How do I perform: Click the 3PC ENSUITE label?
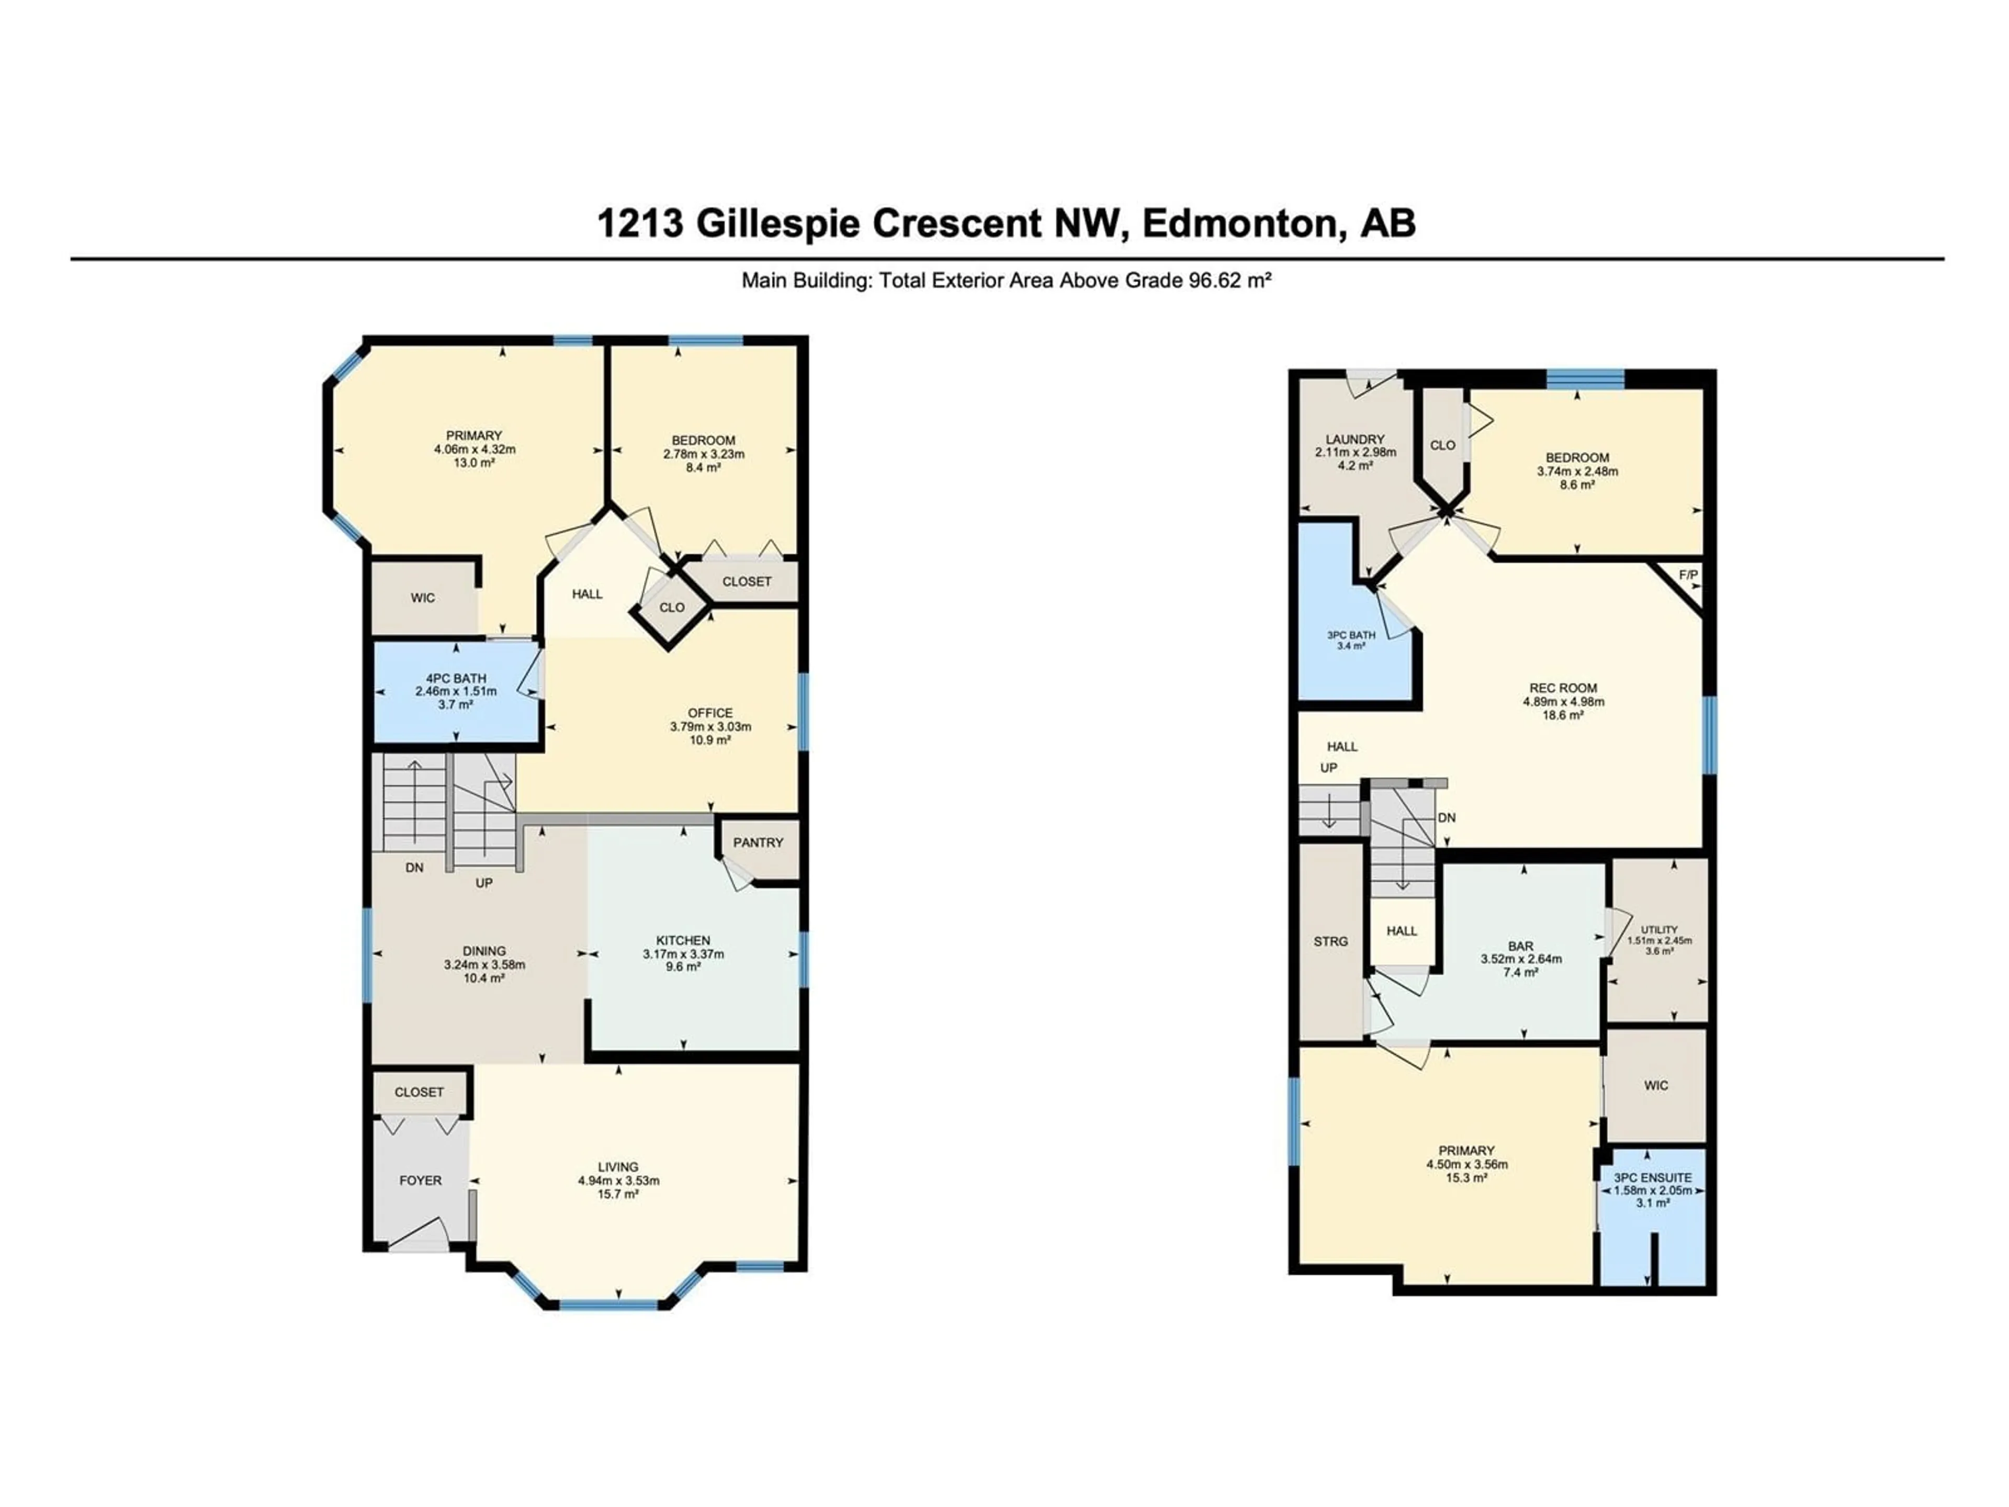[x=1653, y=1177]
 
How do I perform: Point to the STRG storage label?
[x=1330, y=941]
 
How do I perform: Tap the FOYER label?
[x=421, y=1180]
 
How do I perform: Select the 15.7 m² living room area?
[x=618, y=1194]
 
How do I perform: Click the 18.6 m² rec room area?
[x=1563, y=715]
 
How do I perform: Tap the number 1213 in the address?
[x=640, y=222]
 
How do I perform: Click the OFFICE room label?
[x=710, y=713]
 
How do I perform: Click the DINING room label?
[x=484, y=950]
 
